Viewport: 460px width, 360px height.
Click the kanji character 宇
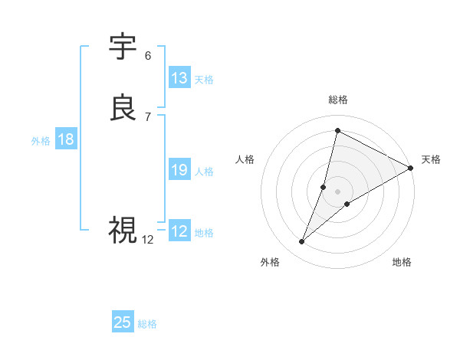pyautogui.click(x=123, y=47)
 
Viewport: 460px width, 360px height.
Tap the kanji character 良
pyautogui.click(x=123, y=108)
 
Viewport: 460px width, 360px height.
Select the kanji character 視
pyautogui.click(x=123, y=229)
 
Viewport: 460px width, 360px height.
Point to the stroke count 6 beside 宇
pyautogui.click(x=148, y=56)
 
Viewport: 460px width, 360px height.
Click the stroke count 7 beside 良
pyautogui.click(x=148, y=116)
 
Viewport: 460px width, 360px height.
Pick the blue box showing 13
pyautogui.click(x=179, y=78)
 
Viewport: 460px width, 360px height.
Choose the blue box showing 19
pyautogui.click(x=179, y=170)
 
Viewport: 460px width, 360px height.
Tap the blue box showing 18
pyautogui.click(x=66, y=139)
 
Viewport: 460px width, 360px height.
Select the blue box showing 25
pyautogui.click(x=123, y=322)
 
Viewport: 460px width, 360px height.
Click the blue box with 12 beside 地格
pyautogui.click(x=179, y=231)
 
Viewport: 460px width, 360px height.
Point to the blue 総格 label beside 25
pyautogui.click(x=147, y=324)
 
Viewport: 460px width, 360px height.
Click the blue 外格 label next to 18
pyautogui.click(x=41, y=141)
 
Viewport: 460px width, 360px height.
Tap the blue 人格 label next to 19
pyautogui.click(x=205, y=172)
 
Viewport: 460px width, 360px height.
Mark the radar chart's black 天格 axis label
pyautogui.click(x=431, y=159)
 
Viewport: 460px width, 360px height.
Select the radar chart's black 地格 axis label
pyautogui.click(x=402, y=262)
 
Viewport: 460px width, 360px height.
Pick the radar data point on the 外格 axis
pyautogui.click(x=302, y=242)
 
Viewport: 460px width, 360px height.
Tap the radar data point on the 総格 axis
pyautogui.click(x=337, y=130)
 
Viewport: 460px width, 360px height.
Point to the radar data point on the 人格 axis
pyautogui.click(x=324, y=187)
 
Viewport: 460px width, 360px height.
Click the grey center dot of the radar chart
pyautogui.click(x=337, y=191)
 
